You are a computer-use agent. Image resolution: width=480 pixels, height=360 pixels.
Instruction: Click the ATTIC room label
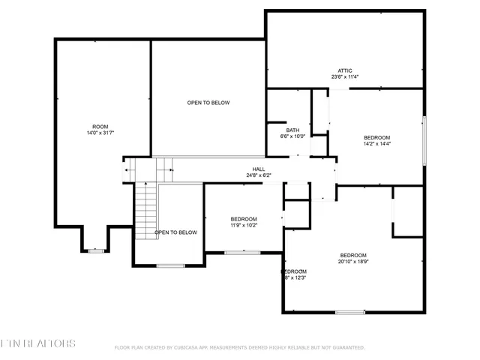pyautogui.click(x=345, y=70)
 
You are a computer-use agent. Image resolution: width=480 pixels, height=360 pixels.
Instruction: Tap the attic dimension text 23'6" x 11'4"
pyautogui.click(x=345, y=76)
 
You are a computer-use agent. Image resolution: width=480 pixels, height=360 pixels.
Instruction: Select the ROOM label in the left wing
pyautogui.click(x=100, y=126)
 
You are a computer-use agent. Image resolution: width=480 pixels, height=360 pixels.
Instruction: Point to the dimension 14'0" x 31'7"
pyautogui.click(x=100, y=132)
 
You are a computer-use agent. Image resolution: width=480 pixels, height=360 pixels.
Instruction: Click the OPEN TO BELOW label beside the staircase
pyautogui.click(x=176, y=232)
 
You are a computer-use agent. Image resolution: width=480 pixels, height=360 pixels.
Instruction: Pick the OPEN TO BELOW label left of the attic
pyautogui.click(x=208, y=103)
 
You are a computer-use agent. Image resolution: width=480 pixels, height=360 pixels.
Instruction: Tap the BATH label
pyautogui.click(x=292, y=130)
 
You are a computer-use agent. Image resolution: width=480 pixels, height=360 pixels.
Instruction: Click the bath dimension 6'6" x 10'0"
pyautogui.click(x=292, y=136)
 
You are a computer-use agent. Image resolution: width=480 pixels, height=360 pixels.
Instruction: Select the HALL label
pyautogui.click(x=259, y=169)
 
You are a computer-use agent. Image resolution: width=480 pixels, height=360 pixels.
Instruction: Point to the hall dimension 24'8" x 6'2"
pyautogui.click(x=259, y=175)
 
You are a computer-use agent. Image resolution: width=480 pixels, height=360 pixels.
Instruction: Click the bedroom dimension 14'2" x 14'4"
pyautogui.click(x=377, y=143)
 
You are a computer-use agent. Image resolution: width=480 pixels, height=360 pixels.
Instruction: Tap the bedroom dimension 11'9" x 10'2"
pyautogui.click(x=244, y=224)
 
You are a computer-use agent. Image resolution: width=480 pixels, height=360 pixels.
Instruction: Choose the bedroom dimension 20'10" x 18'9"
pyautogui.click(x=352, y=261)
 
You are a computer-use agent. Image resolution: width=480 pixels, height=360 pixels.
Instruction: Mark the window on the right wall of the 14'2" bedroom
pyautogui.click(x=424, y=140)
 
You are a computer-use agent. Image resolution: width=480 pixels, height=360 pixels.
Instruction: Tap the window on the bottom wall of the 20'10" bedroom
pyautogui.click(x=350, y=312)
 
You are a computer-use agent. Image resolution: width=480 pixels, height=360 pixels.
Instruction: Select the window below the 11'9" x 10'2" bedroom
pyautogui.click(x=241, y=253)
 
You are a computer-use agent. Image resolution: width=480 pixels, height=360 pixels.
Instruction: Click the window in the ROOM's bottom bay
pyautogui.click(x=96, y=250)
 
